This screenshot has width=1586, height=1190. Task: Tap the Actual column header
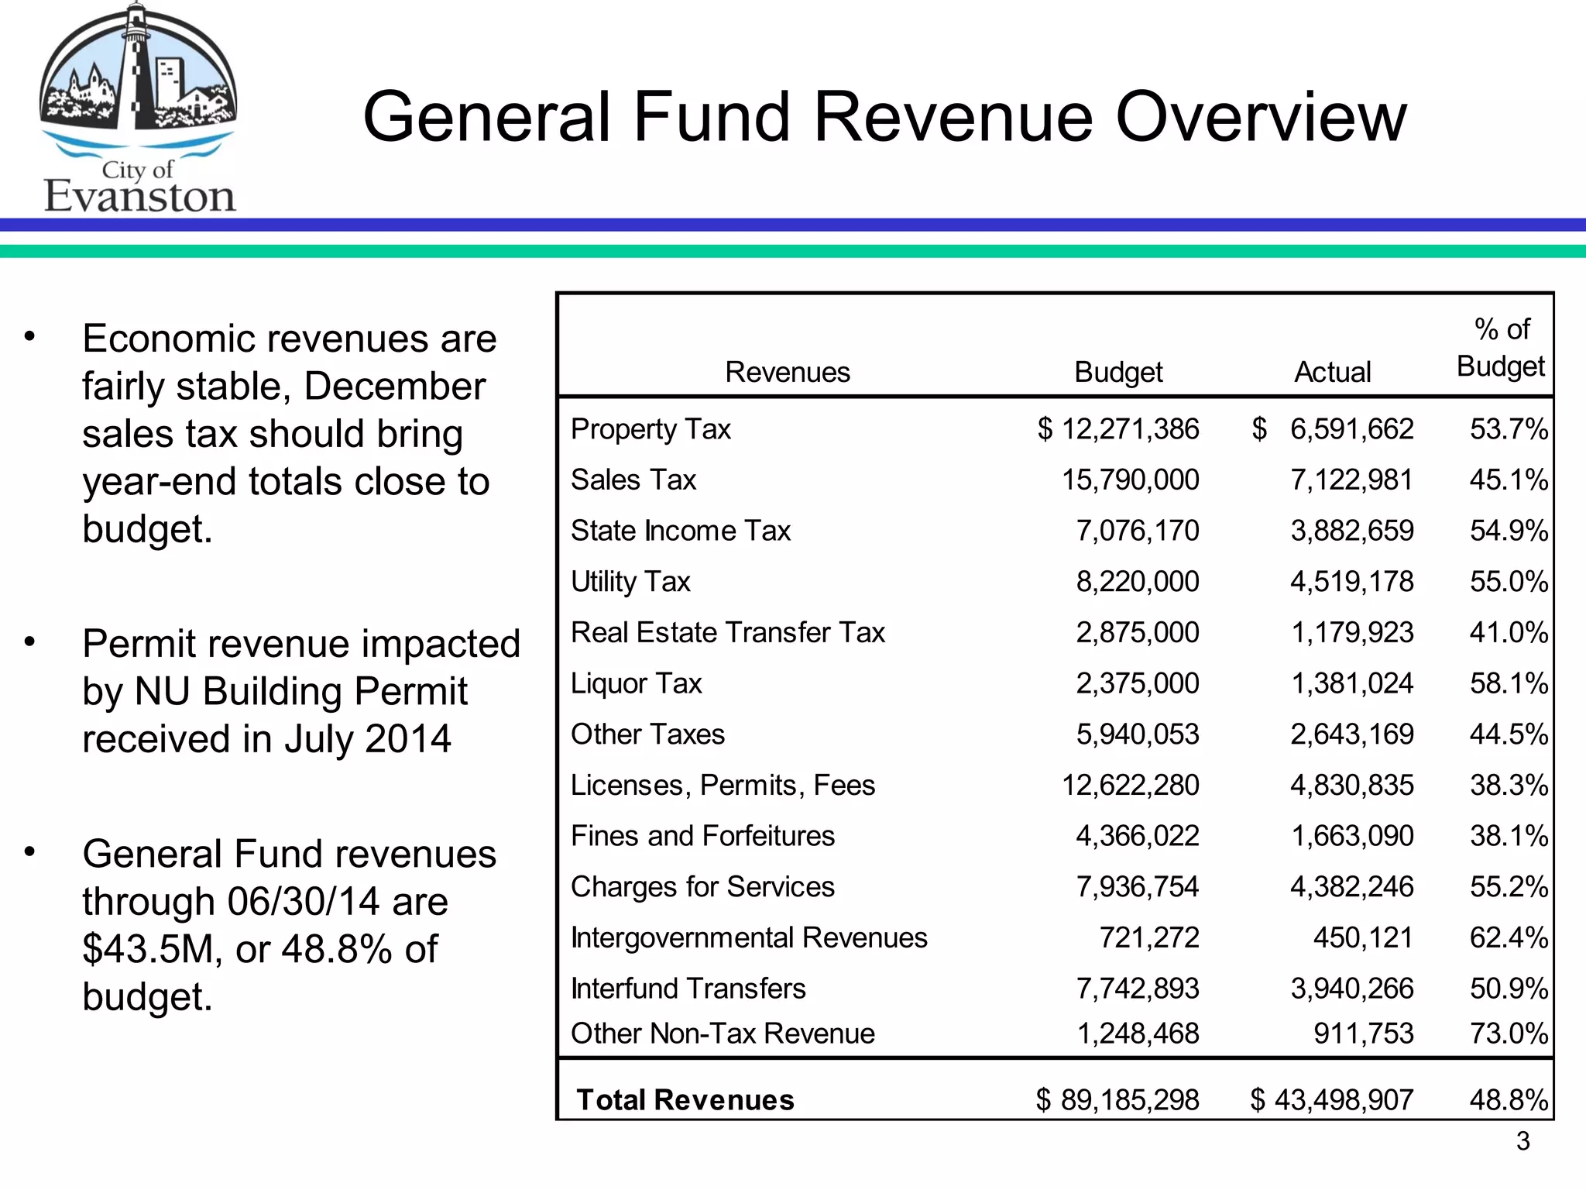pos(1332,373)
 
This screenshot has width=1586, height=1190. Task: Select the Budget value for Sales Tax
pos(1130,480)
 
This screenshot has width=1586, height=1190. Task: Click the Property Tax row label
pos(651,429)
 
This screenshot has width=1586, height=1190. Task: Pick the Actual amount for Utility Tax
pos(1351,582)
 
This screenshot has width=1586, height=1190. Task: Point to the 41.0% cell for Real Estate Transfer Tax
pos(1508,633)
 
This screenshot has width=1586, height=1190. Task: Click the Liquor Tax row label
pos(636,683)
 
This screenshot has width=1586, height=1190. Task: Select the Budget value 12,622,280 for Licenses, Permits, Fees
pos(1130,786)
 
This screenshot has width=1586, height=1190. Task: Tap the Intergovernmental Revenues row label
pos(749,938)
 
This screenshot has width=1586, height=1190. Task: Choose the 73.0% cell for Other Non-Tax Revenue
pos(1508,1034)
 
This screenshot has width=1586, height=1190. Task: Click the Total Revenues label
pos(685,1100)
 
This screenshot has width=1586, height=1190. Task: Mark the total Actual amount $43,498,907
pos(1332,1100)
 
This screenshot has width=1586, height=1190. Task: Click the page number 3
pos(1522,1141)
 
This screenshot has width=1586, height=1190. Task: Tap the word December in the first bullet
pos(394,387)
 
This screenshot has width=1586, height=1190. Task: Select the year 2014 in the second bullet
pos(407,739)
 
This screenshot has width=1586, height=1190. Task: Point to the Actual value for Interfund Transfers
pos(1351,989)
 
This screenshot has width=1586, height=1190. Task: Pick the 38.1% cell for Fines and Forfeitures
pos(1508,836)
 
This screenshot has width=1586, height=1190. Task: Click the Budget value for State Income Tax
pos(1137,531)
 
